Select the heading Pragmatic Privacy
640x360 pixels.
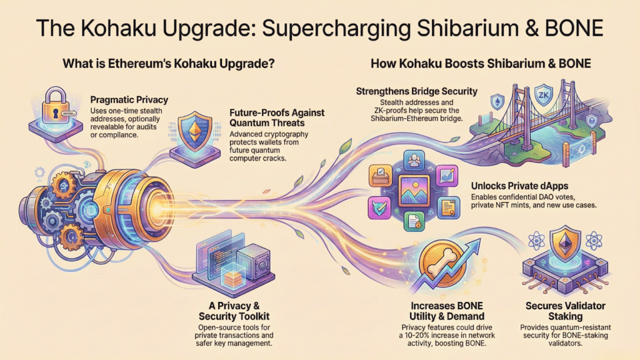coord(130,99)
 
